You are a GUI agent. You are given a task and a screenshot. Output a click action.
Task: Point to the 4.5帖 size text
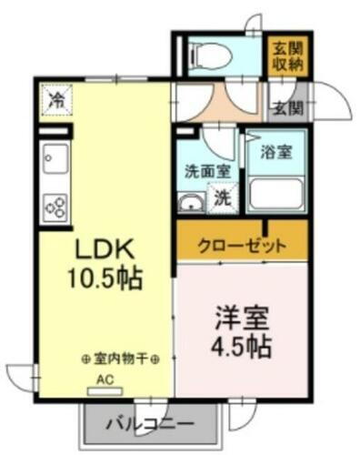(x=242, y=347)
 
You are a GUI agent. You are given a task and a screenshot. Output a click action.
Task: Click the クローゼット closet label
(x=243, y=245)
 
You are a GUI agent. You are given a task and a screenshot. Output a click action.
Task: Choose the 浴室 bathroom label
(x=276, y=151)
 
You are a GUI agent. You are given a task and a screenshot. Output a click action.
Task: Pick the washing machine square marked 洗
(x=221, y=197)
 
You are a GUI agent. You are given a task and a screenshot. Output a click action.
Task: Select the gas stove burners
(x=53, y=206)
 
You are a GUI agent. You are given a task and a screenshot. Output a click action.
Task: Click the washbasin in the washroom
(x=191, y=202)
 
